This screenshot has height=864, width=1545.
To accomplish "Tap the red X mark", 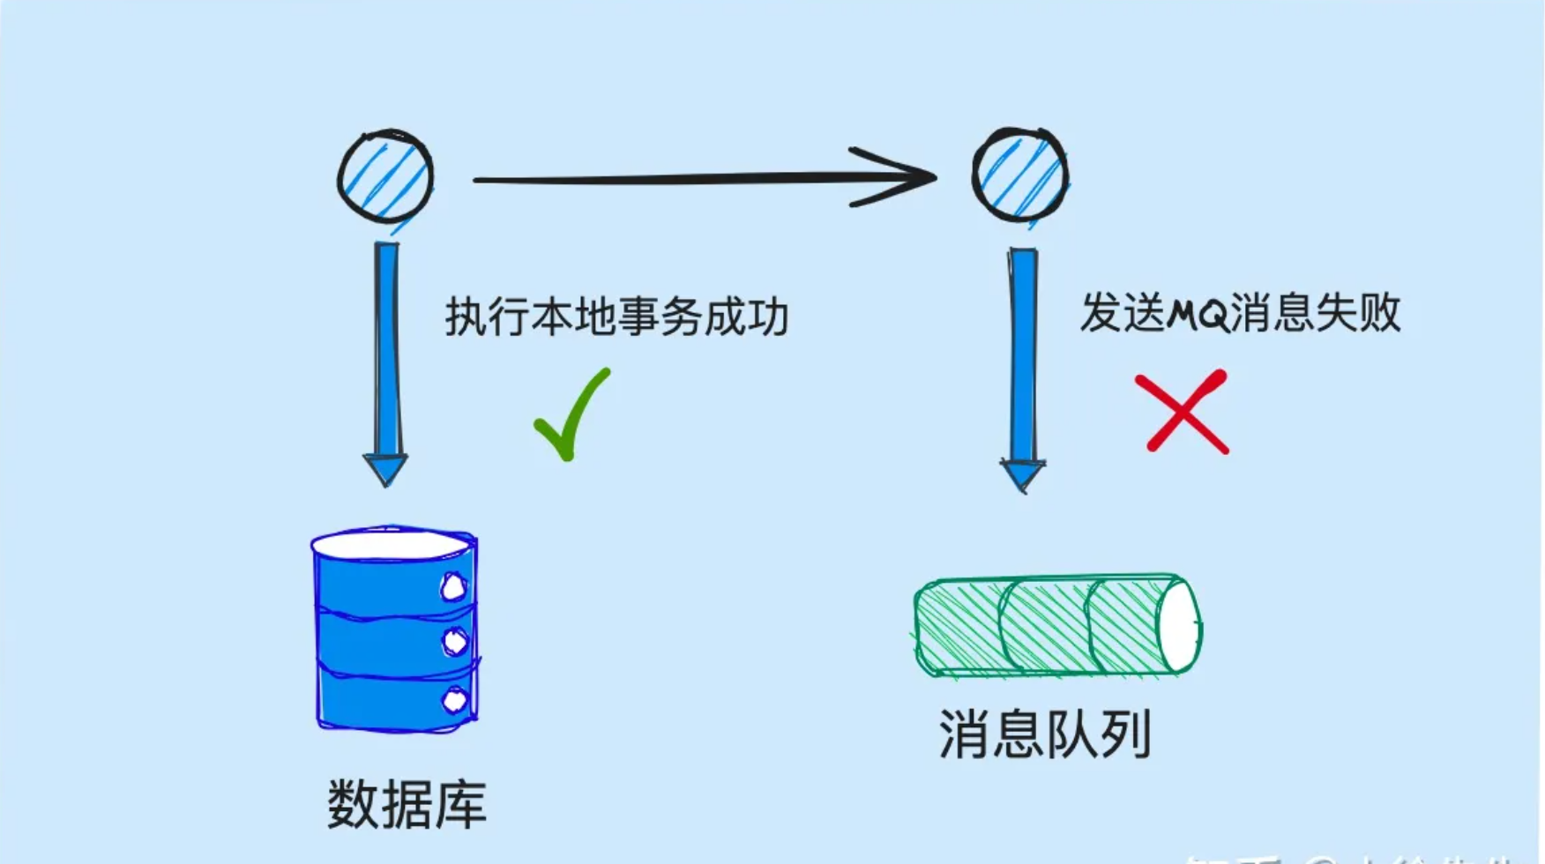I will (x=1183, y=412).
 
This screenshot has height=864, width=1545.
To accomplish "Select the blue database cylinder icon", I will (x=395, y=630).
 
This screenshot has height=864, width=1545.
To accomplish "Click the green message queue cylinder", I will (x=1056, y=625).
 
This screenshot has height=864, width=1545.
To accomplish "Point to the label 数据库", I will (x=407, y=804).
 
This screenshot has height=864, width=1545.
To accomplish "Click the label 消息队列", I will (x=1045, y=734).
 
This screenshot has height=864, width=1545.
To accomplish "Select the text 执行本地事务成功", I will (x=616, y=317).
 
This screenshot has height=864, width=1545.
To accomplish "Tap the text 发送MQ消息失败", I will (x=1240, y=313).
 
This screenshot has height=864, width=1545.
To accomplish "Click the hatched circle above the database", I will (x=385, y=176).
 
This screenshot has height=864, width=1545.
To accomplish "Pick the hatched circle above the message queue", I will (x=1020, y=175).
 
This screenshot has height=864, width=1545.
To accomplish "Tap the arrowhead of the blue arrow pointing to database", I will (x=385, y=468).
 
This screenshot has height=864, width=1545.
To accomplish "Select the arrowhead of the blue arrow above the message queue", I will (x=1023, y=474).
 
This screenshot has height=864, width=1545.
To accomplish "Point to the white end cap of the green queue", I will (x=1179, y=625).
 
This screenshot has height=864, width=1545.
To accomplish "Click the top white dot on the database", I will (x=453, y=587).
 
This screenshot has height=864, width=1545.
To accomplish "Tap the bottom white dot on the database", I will (x=454, y=701).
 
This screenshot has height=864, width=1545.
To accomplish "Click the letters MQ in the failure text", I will (x=1198, y=314).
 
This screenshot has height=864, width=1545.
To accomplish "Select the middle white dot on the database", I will (x=455, y=642).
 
